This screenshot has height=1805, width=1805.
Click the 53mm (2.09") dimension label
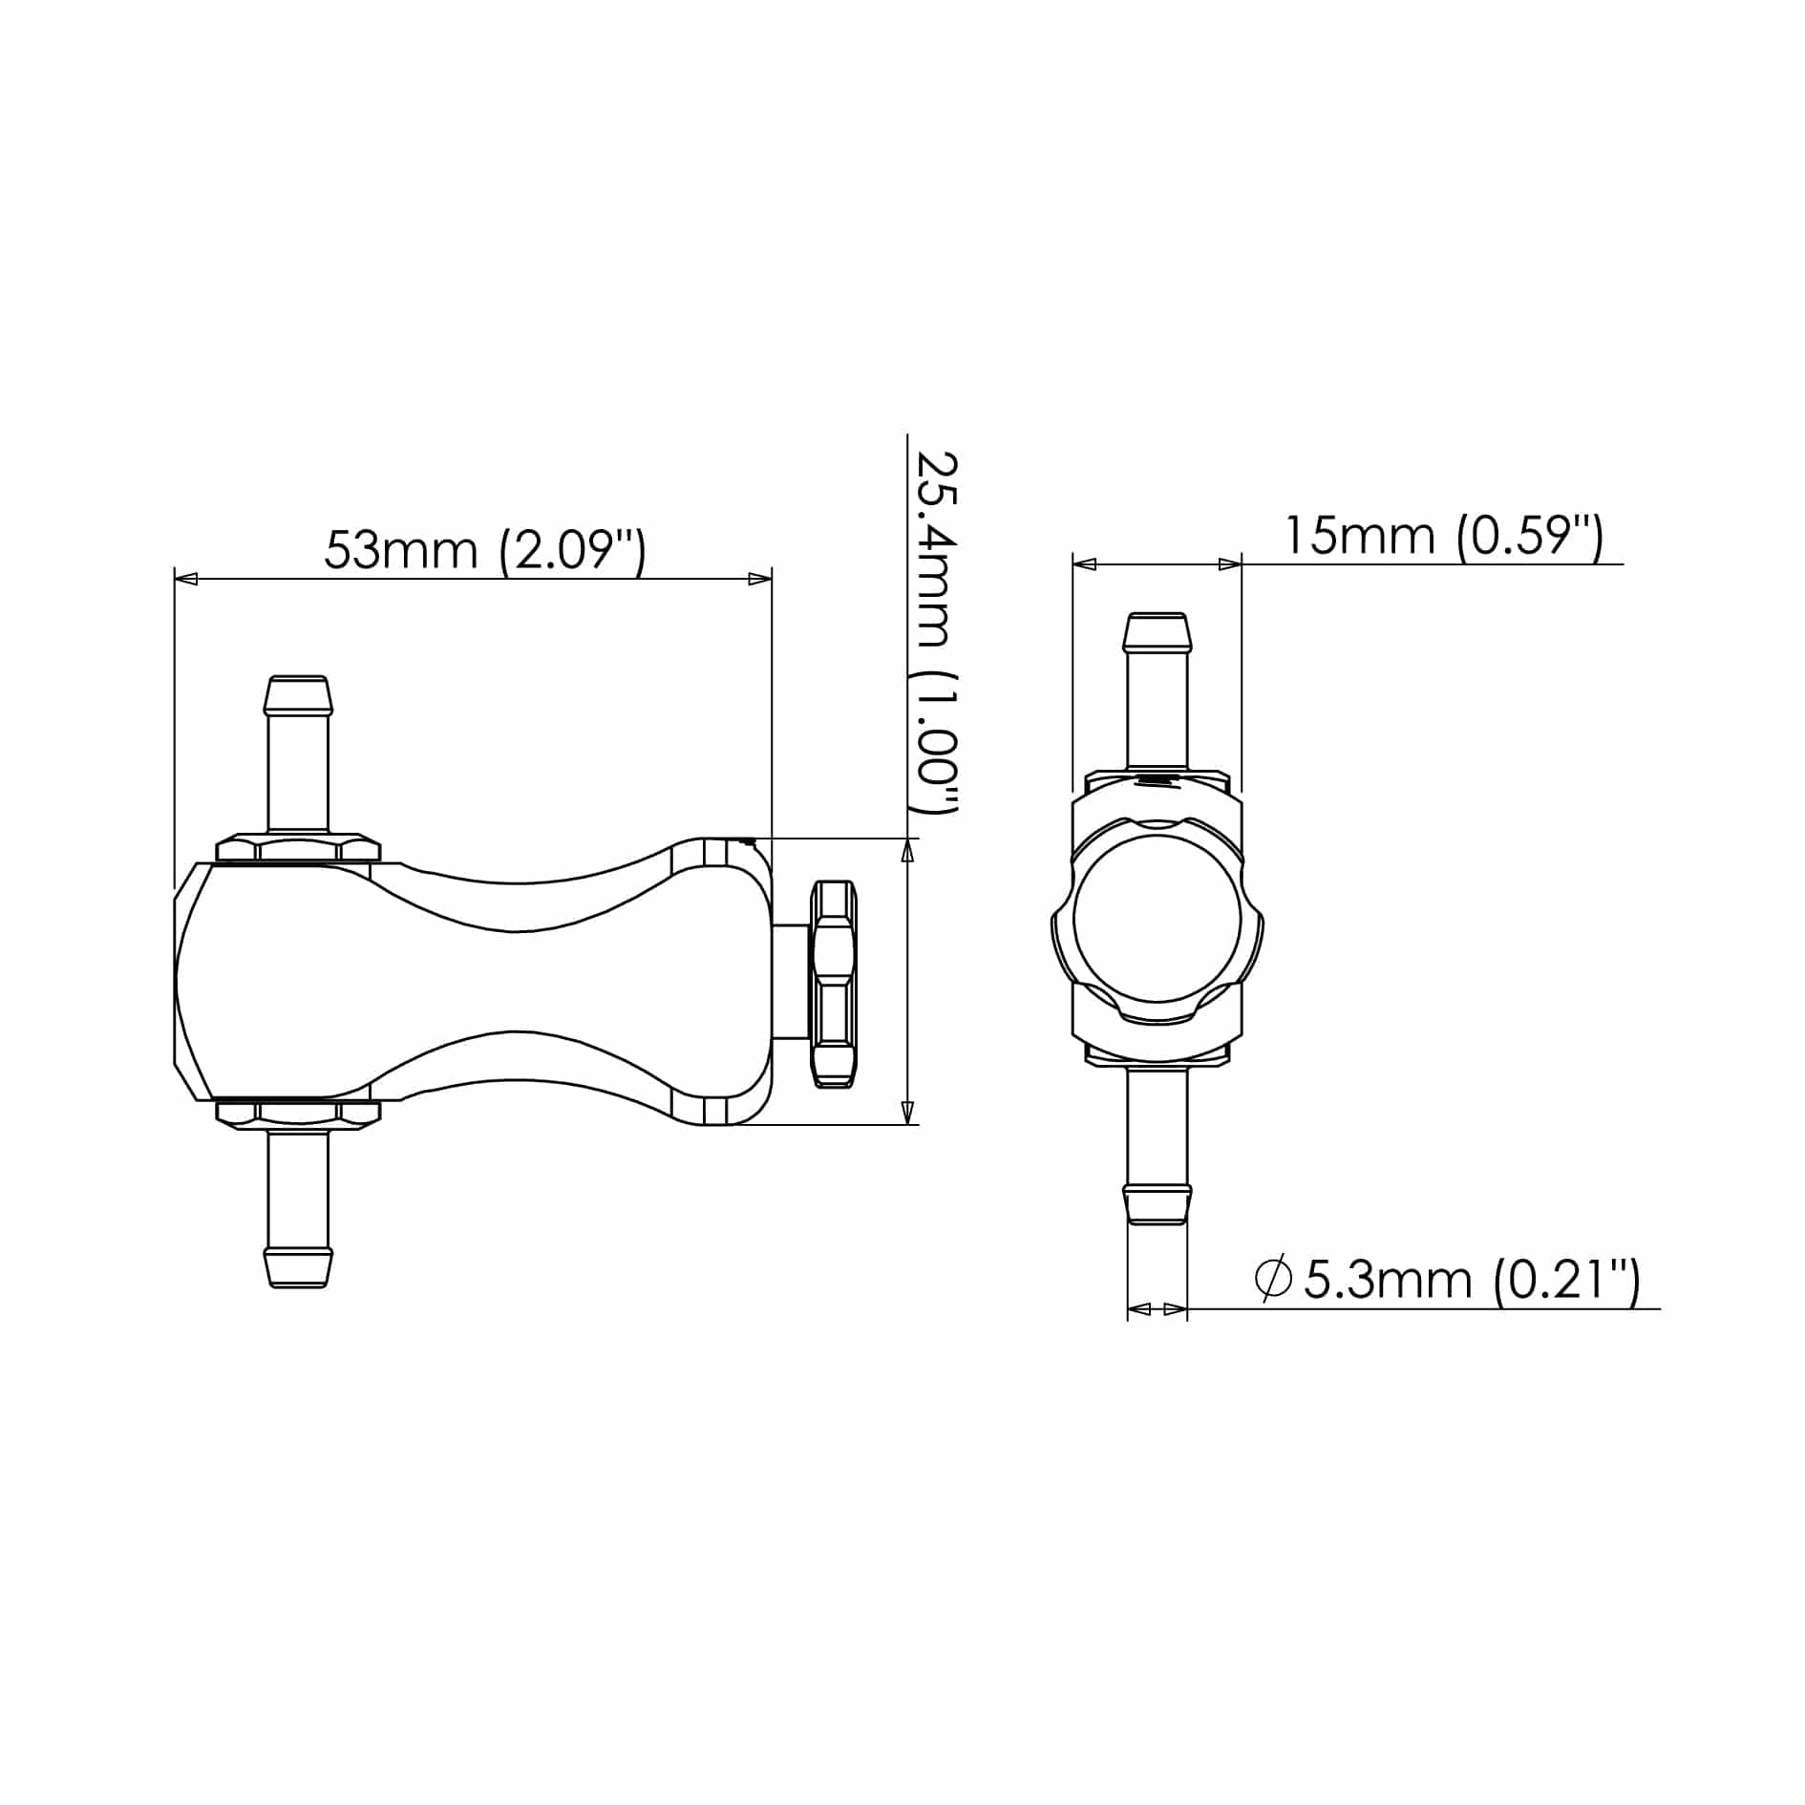(x=485, y=551)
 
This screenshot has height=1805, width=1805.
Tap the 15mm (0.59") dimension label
(x=1442, y=536)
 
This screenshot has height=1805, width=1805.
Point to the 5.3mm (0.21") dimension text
(x=1471, y=1281)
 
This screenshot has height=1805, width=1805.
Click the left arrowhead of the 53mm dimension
(x=186, y=579)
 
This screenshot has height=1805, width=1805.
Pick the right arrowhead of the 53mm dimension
(x=759, y=579)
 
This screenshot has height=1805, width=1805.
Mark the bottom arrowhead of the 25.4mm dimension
(x=907, y=1113)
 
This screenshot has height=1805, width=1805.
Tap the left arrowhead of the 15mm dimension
(x=1085, y=564)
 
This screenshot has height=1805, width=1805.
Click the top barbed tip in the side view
(x=299, y=696)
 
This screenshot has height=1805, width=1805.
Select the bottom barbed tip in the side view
(x=299, y=1267)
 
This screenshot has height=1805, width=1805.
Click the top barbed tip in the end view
(x=1157, y=632)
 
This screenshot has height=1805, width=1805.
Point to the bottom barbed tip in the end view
(x=1157, y=1204)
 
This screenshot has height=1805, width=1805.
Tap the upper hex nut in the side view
(x=298, y=848)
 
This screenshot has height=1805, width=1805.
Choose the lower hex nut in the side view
(x=298, y=1114)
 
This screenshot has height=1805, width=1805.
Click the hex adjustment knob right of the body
(x=833, y=984)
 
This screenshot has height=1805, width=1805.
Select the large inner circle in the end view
(x=1157, y=919)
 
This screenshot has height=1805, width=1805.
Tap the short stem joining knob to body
(x=791, y=982)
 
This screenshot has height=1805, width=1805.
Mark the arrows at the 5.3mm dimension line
(x=1157, y=1308)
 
